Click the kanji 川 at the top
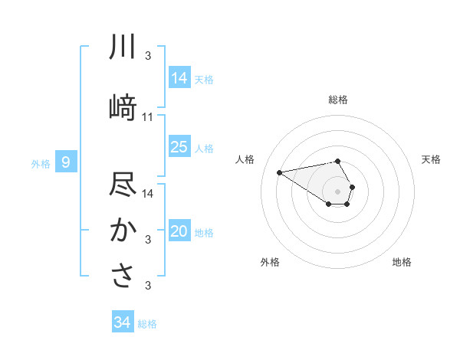[123, 47]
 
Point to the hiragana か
[123, 231]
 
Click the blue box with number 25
[179, 147]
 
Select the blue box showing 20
[179, 232]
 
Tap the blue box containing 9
[67, 162]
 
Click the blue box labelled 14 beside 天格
[179, 77]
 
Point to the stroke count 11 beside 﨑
[148, 117]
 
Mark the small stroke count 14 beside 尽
[148, 193]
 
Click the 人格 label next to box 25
[205, 148]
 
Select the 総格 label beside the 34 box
[147, 323]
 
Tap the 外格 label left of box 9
[40, 163]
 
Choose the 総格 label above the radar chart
[337, 100]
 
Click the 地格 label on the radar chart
[402, 262]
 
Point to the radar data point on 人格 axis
[280, 172]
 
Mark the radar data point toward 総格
[337, 161]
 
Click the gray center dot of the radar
[337, 190]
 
